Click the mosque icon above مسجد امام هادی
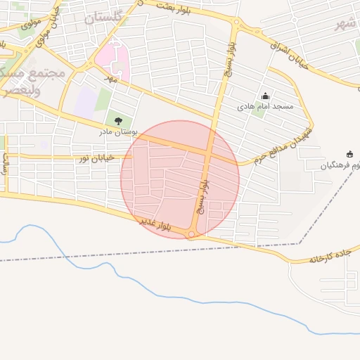(x=265, y=96)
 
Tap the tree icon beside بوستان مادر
(x=117, y=121)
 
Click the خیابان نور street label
(x=95, y=160)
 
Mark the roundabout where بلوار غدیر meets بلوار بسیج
(x=191, y=234)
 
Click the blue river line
(x=141, y=281)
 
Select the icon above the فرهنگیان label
(x=350, y=155)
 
